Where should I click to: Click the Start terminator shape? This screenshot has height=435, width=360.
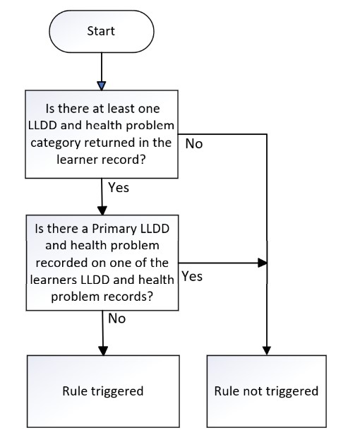point(102,31)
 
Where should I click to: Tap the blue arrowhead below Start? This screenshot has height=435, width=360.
point(102,85)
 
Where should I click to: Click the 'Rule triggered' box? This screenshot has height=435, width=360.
point(103,391)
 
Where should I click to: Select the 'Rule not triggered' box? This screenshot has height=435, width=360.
point(267,391)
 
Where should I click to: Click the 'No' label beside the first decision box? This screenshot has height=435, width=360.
point(194,144)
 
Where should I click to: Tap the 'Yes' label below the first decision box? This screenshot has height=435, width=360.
point(119,187)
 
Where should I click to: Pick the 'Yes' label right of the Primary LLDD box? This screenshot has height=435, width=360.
point(192,276)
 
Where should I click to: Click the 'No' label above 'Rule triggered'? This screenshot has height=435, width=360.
point(116,318)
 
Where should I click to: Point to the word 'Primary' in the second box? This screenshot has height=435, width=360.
point(114,229)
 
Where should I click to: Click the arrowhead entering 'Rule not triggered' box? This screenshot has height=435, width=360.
point(267,351)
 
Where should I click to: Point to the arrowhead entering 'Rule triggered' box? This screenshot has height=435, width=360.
point(103,351)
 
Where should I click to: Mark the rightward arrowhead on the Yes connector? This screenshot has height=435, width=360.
point(263,263)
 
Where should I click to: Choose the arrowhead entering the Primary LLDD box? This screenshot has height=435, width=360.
point(102,210)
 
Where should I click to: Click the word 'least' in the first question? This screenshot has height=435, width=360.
point(121,109)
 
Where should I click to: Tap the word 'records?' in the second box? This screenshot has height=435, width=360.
point(128,297)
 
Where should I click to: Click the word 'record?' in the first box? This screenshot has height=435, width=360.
point(124,160)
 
